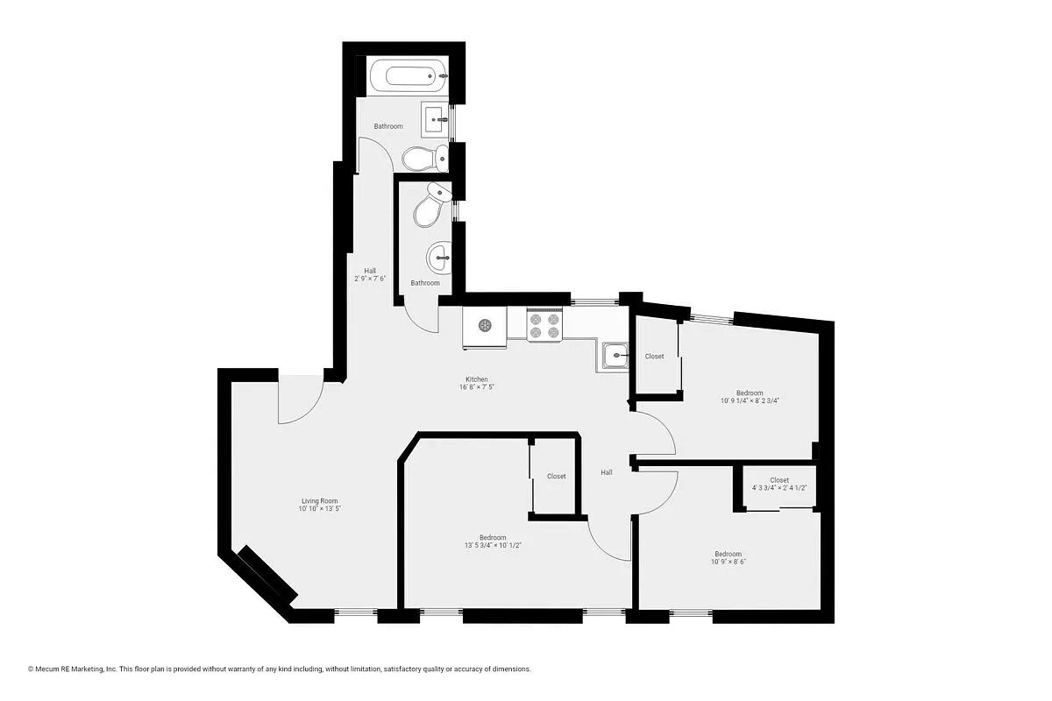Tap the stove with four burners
pos(544,326)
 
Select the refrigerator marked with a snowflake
pos(484,326)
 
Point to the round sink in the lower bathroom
pos(441,257)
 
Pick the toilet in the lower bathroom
pos(430,207)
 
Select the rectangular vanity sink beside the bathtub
pos(436,118)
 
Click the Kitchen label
pos(476,383)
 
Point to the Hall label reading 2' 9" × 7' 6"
pos(370,274)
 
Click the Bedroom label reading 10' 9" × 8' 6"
pos(728,557)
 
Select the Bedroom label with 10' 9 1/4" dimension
pos(749,396)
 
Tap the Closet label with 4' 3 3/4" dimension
pos(779,484)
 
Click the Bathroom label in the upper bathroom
pos(388,126)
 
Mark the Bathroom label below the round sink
pos(425,283)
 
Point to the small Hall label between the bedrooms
pos(607,472)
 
